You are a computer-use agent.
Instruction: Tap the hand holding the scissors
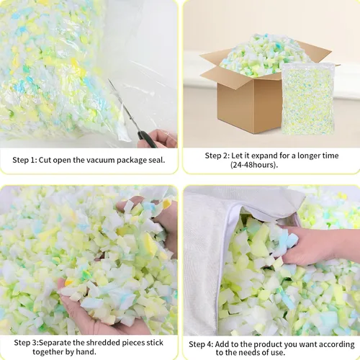pos(158,139)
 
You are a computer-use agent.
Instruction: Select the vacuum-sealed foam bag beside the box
pos(308,99)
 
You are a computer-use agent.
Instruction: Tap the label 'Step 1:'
pos(24,160)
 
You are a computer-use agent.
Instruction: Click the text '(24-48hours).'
pos(254,165)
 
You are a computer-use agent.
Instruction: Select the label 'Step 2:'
pos(217,156)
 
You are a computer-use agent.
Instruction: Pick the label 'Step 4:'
pos(201,344)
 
